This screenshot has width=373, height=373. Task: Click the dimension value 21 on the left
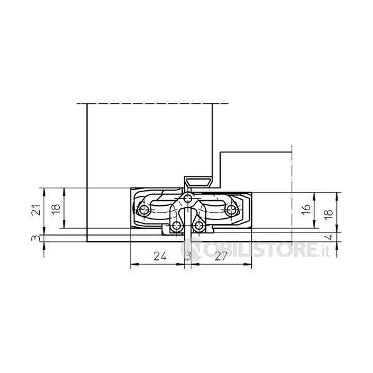pyautogui.click(x=36, y=210)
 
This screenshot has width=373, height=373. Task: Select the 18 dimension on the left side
pyautogui.click(x=56, y=208)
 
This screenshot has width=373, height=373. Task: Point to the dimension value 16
pyautogui.click(x=306, y=210)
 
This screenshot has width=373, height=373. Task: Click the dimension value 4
pyautogui.click(x=330, y=237)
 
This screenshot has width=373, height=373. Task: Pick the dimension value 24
pyautogui.click(x=160, y=256)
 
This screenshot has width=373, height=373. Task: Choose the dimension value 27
pyautogui.click(x=221, y=256)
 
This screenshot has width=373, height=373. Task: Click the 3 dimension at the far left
pyautogui.click(x=35, y=238)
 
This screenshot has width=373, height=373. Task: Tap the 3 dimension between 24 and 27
pyautogui.click(x=188, y=256)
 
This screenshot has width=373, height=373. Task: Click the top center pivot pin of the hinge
pyautogui.click(x=188, y=198)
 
